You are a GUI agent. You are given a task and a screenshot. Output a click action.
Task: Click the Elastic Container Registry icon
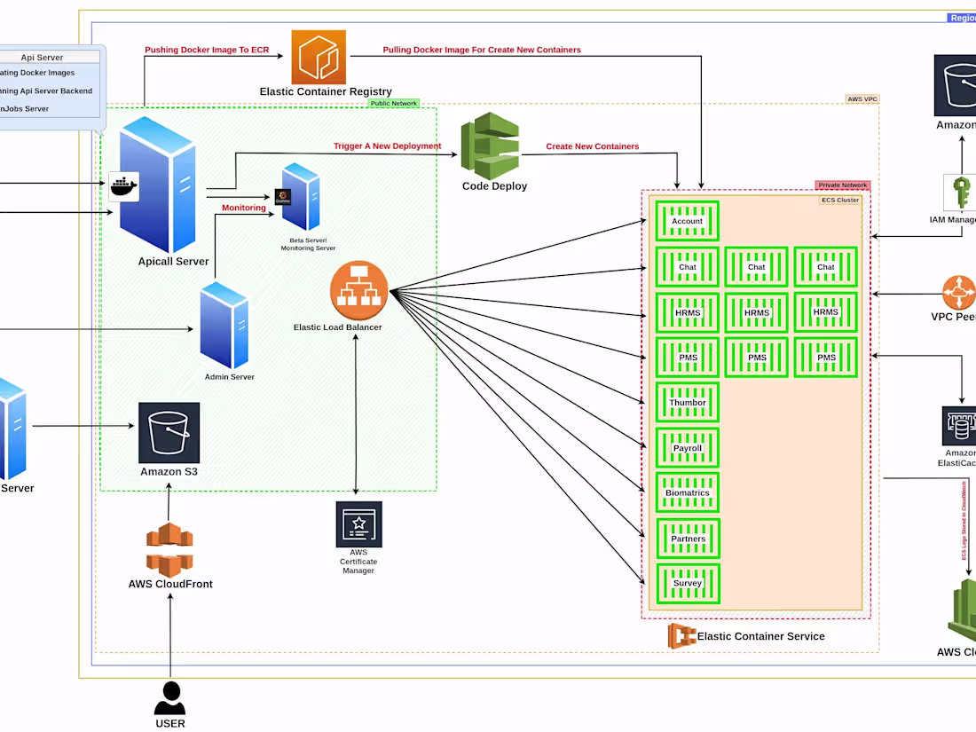(319, 57)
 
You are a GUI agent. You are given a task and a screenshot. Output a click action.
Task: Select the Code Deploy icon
(490, 146)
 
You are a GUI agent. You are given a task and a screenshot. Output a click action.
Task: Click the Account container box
(687, 221)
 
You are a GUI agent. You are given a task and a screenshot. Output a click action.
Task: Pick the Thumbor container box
(687, 402)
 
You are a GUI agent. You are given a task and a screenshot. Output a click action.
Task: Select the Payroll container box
(687, 448)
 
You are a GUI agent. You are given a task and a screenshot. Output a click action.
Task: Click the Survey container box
(687, 584)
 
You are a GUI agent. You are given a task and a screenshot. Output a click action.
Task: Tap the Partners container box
(688, 539)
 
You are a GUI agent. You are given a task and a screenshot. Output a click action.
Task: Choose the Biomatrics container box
(687, 492)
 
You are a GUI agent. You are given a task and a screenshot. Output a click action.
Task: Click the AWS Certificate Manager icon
(358, 524)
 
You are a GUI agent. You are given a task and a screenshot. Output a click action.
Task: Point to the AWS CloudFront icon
(169, 550)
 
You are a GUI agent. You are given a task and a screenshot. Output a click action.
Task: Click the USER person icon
(169, 698)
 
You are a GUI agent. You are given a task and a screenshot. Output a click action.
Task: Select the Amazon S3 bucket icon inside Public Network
(169, 433)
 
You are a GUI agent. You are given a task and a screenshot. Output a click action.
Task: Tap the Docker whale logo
(124, 187)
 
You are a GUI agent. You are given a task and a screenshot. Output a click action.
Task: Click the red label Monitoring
(243, 209)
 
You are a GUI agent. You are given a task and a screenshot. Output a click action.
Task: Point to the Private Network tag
(842, 185)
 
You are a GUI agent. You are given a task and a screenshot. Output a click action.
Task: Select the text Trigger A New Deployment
(387, 146)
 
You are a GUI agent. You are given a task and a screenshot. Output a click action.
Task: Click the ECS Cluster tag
(839, 200)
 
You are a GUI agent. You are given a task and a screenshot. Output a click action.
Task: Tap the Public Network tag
(393, 104)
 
